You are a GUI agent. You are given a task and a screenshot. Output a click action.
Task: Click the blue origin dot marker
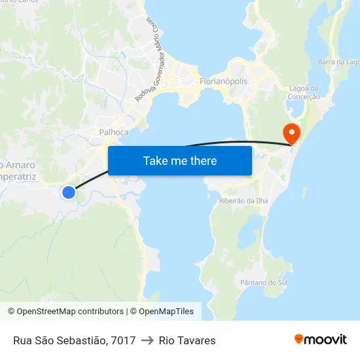click(68, 192)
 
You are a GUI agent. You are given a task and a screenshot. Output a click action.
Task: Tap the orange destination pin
click(291, 133)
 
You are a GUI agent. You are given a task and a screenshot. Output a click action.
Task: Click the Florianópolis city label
click(223, 82)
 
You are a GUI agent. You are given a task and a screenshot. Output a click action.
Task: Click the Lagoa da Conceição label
click(304, 92)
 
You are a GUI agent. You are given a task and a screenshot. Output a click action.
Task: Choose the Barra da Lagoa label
click(338, 62)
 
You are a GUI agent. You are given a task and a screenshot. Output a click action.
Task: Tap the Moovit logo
click(321, 340)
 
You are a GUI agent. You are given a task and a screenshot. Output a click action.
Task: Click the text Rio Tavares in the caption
click(187, 340)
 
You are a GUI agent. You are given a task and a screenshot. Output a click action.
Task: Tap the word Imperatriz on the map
click(26, 176)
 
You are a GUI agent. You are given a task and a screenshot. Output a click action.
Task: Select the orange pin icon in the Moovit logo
click(299, 340)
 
